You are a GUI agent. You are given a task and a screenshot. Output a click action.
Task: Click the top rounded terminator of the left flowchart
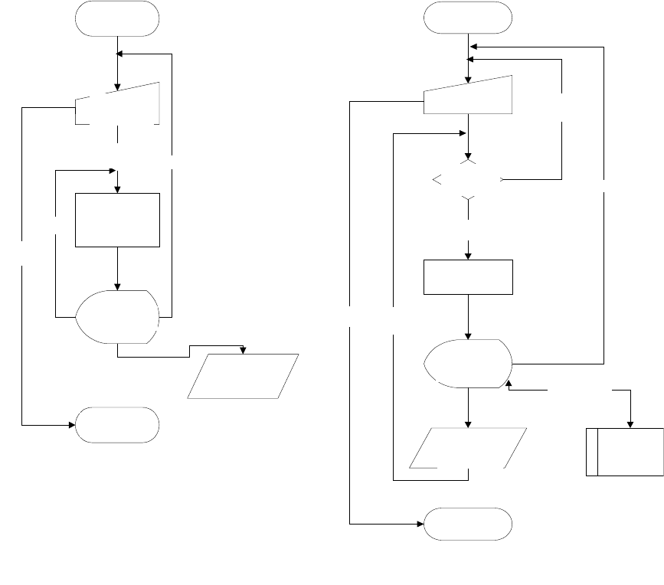point(117,18)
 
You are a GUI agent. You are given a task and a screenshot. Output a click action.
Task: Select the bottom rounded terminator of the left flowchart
point(117,423)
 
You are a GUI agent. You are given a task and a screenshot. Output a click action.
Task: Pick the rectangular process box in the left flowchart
point(117,220)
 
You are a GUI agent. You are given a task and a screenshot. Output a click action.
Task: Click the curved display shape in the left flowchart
point(119,315)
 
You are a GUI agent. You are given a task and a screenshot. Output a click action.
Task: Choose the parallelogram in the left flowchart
point(243,376)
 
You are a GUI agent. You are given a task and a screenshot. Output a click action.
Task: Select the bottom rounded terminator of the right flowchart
point(468,525)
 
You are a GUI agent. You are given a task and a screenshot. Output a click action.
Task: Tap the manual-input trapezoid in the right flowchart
point(468,95)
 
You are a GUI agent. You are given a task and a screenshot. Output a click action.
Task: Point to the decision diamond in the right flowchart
point(468,181)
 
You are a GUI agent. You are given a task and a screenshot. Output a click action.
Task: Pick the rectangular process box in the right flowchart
point(468,277)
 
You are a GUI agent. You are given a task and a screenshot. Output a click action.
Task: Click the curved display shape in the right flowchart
point(468,362)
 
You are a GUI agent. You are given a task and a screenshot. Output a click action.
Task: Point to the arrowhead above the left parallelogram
point(244,350)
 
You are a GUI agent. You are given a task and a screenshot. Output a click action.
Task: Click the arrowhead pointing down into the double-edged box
point(630,424)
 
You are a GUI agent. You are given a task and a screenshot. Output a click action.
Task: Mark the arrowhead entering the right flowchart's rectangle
point(468,257)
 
